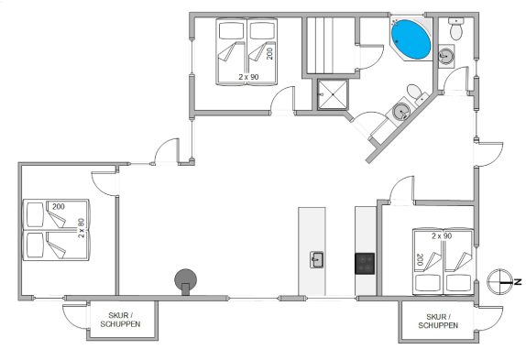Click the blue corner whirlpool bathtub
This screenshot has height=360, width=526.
[411, 39]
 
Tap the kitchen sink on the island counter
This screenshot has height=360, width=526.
[316, 260]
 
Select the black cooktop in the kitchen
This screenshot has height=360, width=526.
[365, 264]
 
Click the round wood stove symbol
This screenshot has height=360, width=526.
[185, 281]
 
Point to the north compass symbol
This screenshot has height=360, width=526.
[499, 282]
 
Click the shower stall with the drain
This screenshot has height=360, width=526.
[333, 95]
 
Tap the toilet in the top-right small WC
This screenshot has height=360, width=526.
[455, 28]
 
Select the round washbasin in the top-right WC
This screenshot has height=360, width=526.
[446, 56]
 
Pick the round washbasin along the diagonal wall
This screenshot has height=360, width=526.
[400, 111]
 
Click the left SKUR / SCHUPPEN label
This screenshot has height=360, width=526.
[120, 320]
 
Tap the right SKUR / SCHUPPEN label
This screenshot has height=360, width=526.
[438, 322]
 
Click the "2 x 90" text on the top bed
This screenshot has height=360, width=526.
[248, 77]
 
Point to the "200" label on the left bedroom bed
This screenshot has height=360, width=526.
[59, 207]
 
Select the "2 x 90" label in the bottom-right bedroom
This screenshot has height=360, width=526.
[442, 236]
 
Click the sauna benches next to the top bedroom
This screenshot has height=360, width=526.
[331, 46]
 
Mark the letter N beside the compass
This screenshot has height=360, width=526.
[518, 282]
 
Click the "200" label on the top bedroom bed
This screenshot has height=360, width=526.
[269, 53]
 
